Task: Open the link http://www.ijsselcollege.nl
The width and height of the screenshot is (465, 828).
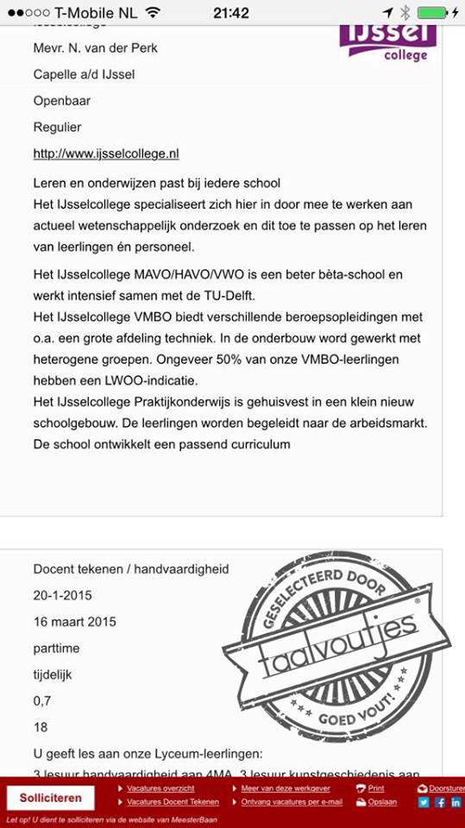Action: [106, 154]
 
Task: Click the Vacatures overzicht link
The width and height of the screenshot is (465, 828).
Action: [160, 788]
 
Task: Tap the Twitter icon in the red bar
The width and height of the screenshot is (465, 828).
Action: [424, 802]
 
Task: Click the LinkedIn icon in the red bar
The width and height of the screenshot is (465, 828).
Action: [456, 802]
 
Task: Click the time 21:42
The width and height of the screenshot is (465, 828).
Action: [231, 13]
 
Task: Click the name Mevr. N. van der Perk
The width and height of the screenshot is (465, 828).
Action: [95, 48]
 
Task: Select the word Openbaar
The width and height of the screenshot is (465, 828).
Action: [61, 101]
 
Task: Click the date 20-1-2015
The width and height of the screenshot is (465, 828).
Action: [62, 595]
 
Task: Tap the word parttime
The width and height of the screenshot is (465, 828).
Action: [58, 648]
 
